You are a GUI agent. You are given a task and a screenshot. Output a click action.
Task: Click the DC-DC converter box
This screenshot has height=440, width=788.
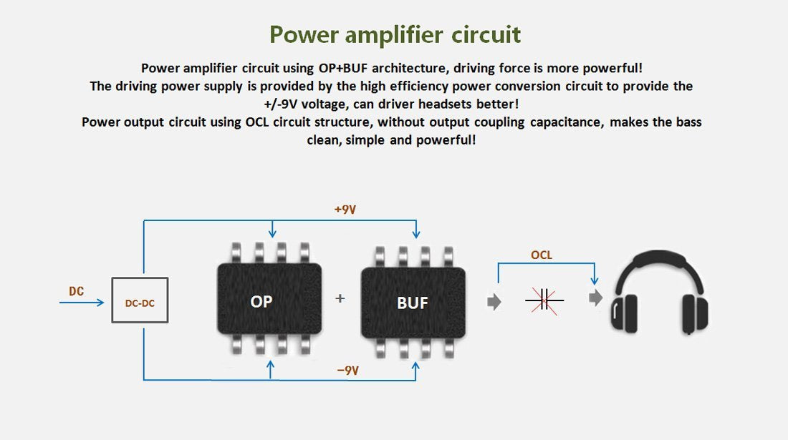(140, 300)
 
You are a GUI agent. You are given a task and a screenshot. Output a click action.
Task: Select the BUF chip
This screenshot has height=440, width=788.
(413, 303)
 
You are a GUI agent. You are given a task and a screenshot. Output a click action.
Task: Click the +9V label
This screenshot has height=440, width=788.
(345, 210)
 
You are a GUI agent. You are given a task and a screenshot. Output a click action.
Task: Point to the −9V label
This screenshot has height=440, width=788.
(347, 371)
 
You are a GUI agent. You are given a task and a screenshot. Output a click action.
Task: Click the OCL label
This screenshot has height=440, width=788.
(542, 255)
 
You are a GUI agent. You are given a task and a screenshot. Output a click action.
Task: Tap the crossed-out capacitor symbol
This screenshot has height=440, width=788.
(544, 300)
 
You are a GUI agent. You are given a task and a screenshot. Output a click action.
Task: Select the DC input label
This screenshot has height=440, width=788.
(76, 291)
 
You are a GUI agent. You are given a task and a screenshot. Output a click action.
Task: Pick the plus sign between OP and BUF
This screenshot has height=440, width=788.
(340, 298)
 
